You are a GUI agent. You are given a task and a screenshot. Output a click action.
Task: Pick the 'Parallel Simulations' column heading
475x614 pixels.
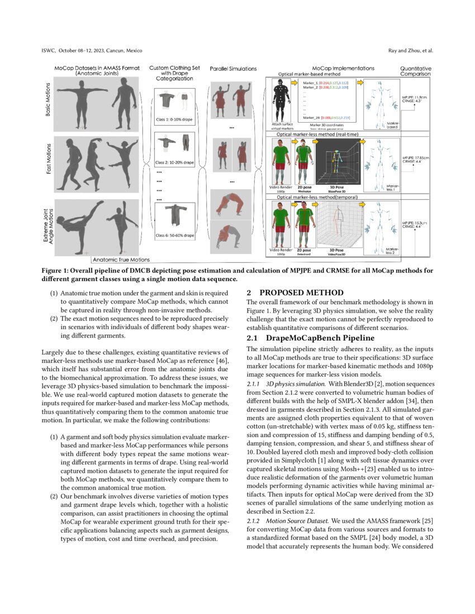(x=233, y=69)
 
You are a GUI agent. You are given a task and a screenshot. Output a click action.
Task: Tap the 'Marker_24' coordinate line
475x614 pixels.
(x=326, y=118)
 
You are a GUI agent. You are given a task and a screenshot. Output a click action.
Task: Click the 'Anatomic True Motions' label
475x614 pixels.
(x=121, y=260)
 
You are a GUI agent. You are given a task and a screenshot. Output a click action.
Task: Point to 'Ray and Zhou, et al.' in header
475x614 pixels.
(x=411, y=51)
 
